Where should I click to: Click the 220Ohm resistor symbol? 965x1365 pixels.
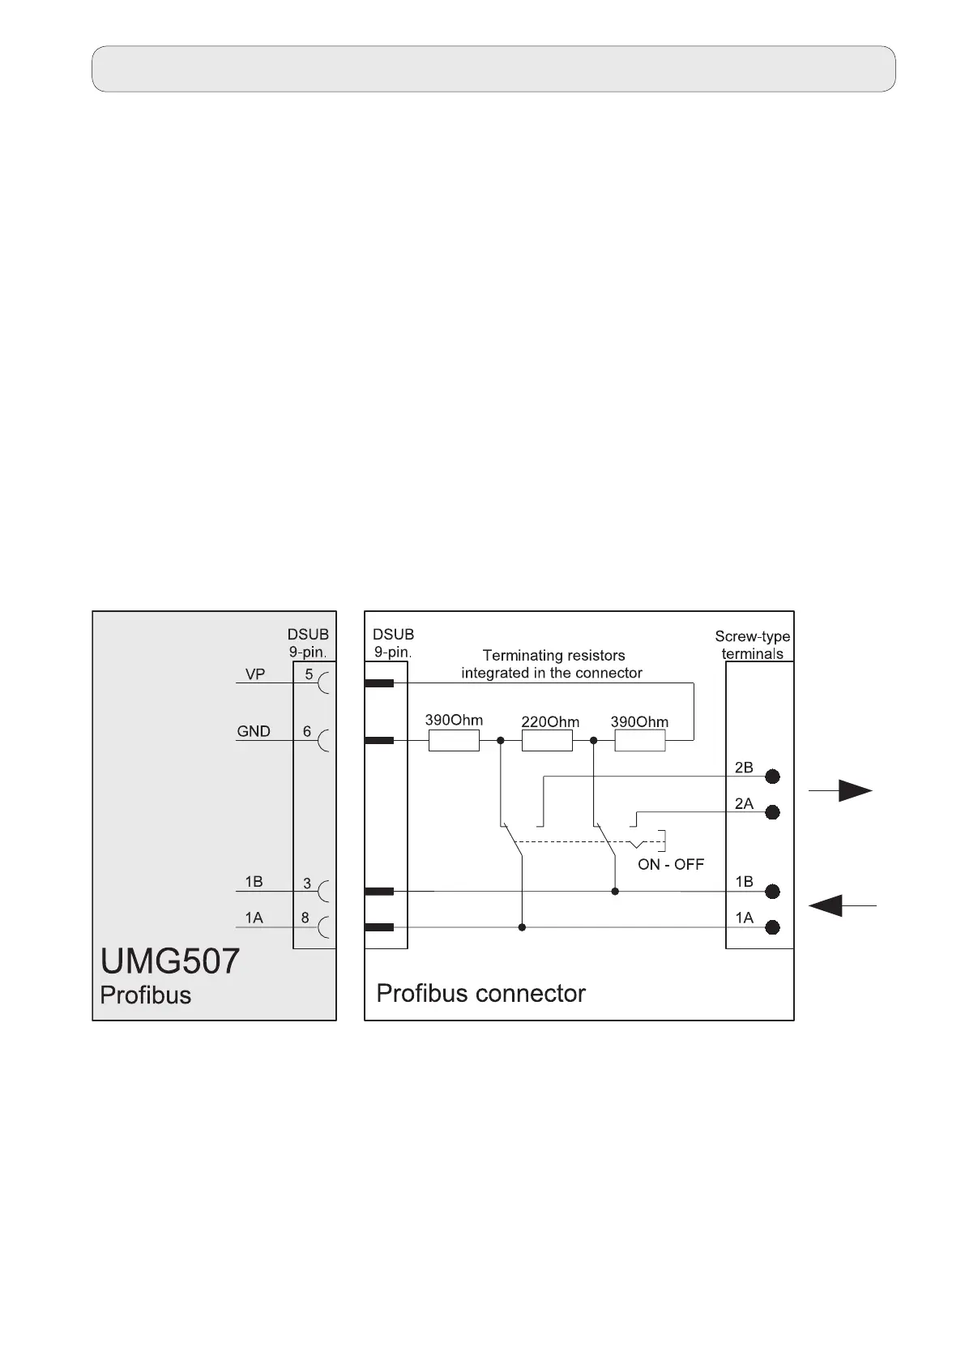pyautogui.click(x=547, y=740)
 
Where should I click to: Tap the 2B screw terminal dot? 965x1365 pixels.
pyautogui.click(x=773, y=777)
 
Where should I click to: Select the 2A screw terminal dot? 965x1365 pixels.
pyautogui.click(x=773, y=812)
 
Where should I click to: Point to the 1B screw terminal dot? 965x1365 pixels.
pyautogui.click(x=773, y=892)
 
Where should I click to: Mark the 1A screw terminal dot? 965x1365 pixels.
pyautogui.click(x=773, y=927)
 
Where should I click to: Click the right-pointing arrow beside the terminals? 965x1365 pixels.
pyautogui.click(x=842, y=791)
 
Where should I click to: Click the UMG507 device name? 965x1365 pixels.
pyautogui.click(x=170, y=961)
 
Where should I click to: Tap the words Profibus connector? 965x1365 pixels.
pyautogui.click(x=480, y=993)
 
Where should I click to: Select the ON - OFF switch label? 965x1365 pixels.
pyautogui.click(x=671, y=864)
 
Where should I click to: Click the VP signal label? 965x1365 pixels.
pyautogui.click(x=255, y=674)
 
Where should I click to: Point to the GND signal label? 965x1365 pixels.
pyautogui.click(x=254, y=731)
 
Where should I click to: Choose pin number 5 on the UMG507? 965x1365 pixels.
pyautogui.click(x=309, y=674)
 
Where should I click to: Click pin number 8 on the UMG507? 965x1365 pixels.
pyautogui.click(x=305, y=918)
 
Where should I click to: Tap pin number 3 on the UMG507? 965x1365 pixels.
pyautogui.click(x=307, y=883)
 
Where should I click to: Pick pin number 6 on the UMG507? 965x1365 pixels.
pyautogui.click(x=307, y=731)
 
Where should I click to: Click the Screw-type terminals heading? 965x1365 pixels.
pyautogui.click(x=753, y=645)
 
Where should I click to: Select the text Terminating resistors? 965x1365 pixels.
pyautogui.click(x=553, y=655)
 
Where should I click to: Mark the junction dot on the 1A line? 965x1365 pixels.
pyautogui.click(x=522, y=927)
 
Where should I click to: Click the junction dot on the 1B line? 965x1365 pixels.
pyautogui.click(x=615, y=892)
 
